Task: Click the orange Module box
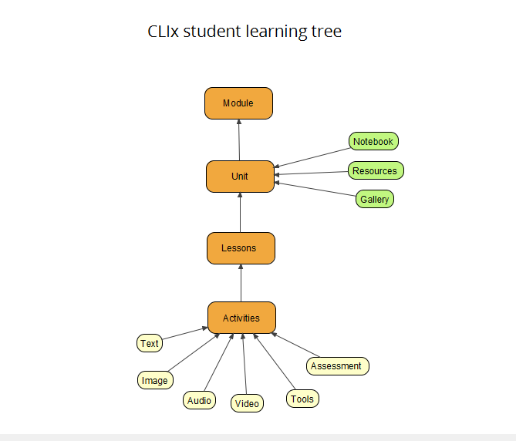[238, 103]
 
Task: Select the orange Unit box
[240, 177]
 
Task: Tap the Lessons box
[241, 248]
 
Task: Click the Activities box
[241, 318]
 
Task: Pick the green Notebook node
[373, 142]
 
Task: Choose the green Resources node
[375, 170]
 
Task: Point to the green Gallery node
[374, 200]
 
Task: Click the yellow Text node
[150, 344]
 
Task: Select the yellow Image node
[155, 380]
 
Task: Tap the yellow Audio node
[199, 400]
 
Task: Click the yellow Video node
[247, 403]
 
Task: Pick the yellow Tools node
[302, 399]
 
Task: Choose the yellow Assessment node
[337, 366]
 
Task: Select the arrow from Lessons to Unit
[240, 213]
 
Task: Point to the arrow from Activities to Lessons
[241, 283]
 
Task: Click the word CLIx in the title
[164, 32]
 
